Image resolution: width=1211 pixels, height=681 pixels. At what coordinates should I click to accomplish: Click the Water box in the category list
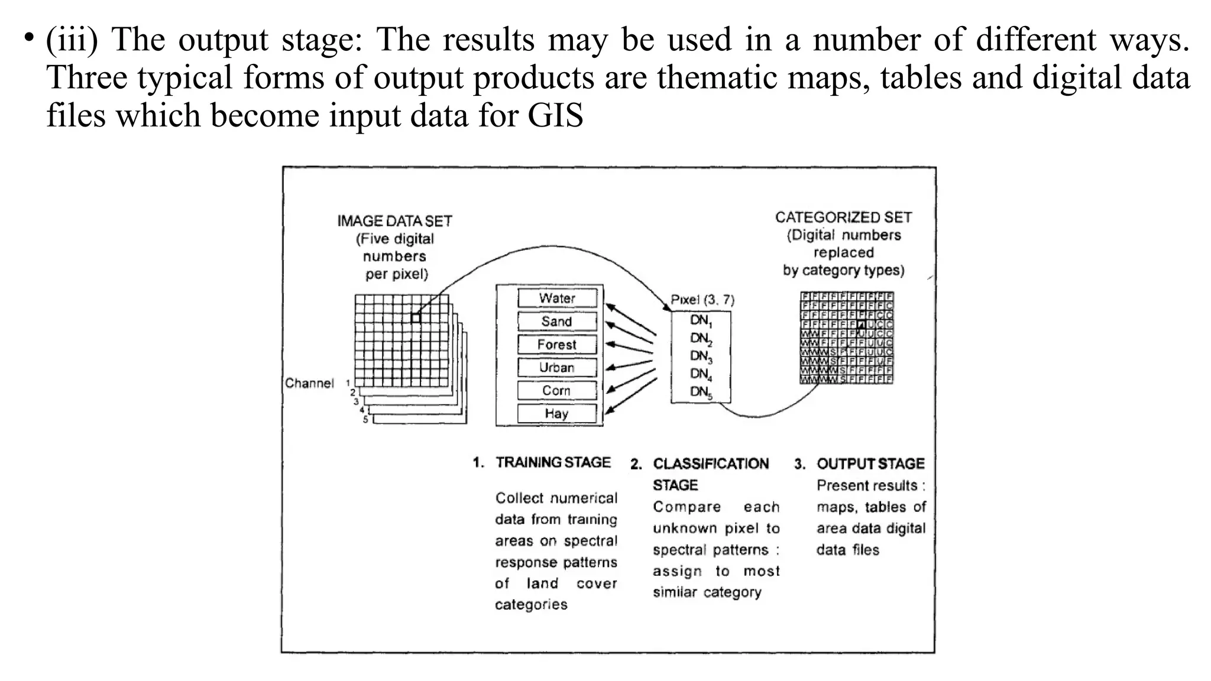[557, 298]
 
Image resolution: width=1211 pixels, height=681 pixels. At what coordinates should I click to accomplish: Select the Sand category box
[557, 321]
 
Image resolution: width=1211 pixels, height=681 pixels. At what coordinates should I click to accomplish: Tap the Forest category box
[557, 344]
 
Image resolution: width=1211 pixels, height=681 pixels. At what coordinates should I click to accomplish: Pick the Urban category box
[557, 367]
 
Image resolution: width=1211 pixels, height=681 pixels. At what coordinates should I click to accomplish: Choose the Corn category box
[557, 390]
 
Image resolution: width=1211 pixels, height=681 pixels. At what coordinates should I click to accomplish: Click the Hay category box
[557, 413]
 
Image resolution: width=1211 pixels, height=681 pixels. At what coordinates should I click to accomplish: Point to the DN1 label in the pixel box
[701, 321]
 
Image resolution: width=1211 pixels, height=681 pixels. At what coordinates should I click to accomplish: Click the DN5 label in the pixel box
[701, 392]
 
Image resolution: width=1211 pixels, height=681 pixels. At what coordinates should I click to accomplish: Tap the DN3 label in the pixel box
[701, 356]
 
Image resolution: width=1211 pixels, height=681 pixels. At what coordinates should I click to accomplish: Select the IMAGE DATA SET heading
[394, 221]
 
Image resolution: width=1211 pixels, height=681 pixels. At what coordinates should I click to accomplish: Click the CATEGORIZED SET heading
[843, 218]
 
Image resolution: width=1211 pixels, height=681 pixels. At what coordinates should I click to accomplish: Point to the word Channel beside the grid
[309, 383]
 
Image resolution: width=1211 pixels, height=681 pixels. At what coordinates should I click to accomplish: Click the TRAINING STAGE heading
[553, 462]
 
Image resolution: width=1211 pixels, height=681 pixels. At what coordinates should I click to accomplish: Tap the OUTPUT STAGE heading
[870, 463]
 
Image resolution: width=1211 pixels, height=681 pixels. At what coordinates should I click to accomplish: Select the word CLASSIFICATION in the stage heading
[711, 463]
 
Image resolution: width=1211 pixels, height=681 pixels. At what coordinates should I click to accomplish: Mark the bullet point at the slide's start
[28, 38]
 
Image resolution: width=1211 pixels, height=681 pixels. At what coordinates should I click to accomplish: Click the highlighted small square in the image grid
[416, 318]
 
